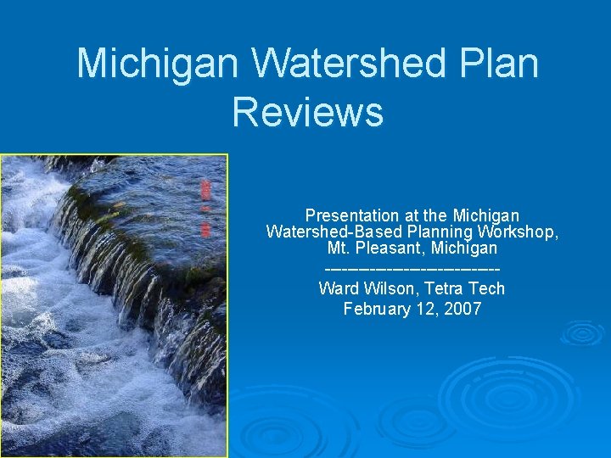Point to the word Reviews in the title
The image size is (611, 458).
(307, 112)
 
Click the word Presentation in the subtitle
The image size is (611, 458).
(351, 215)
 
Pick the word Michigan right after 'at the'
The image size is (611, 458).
(485, 215)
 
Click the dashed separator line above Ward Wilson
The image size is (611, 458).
(412, 270)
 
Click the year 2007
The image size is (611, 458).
(463, 309)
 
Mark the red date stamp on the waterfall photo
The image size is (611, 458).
(205, 208)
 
